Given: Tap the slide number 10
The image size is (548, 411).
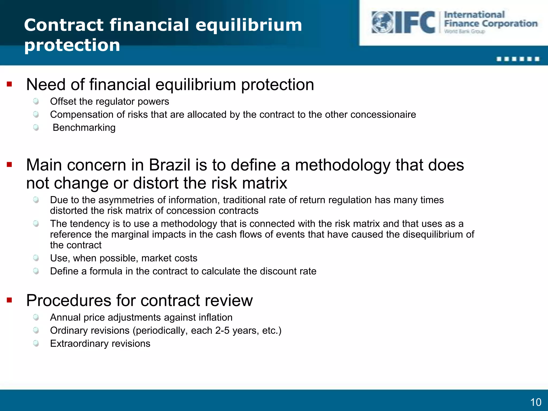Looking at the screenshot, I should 536,402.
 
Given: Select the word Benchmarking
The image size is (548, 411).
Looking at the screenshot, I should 84,128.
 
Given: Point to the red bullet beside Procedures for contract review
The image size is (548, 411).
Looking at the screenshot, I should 10,300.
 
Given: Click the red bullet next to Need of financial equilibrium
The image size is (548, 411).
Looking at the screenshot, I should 10,85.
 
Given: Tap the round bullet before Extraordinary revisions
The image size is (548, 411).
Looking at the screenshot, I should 36,343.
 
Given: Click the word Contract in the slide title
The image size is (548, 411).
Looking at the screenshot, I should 64,25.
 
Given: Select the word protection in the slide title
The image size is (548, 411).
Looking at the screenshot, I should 72,45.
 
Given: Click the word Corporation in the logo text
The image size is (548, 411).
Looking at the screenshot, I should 510,24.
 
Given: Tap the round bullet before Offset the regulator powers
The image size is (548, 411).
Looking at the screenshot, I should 36,101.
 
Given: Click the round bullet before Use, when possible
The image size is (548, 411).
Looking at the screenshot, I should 36,258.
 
